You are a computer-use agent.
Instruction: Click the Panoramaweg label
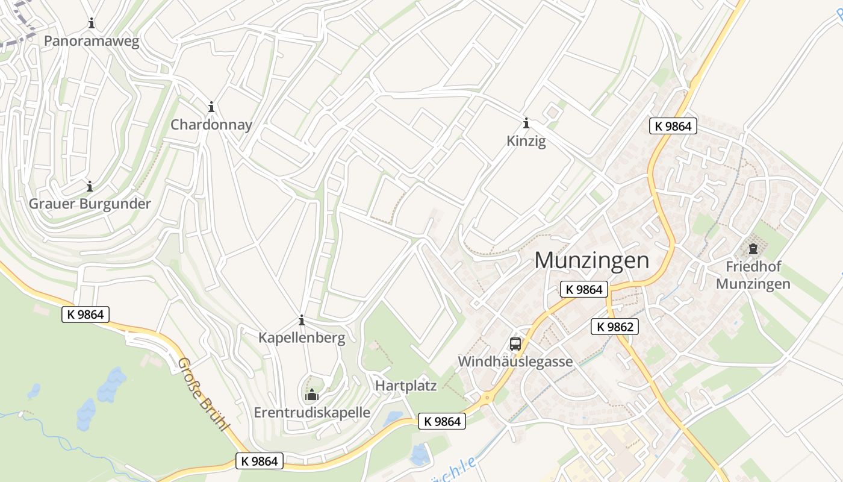coord(92,41)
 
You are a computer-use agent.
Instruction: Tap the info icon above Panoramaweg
coord(92,23)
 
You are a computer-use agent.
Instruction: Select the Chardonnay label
coord(211,125)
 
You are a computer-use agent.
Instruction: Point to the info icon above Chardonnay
coord(211,107)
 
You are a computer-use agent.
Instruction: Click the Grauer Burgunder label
coord(90,204)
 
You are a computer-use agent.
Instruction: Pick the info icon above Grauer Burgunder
coord(90,186)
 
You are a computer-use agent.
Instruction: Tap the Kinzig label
coord(526,142)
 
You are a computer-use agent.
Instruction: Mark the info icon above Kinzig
coord(526,124)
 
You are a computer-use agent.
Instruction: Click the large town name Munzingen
coord(592,260)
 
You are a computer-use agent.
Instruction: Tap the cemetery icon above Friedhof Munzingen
coord(753,248)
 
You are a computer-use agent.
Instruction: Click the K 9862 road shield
coord(614,327)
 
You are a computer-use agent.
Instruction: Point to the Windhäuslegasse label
coord(515,361)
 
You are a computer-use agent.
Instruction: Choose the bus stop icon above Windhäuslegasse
coord(515,344)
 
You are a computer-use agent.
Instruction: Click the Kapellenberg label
coord(302,337)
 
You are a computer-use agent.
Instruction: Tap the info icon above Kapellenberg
coord(302,320)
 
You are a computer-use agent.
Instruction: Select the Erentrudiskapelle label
coord(312,413)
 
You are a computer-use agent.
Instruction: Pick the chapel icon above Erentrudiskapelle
coord(312,395)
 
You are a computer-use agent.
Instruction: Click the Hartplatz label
coord(406,386)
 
